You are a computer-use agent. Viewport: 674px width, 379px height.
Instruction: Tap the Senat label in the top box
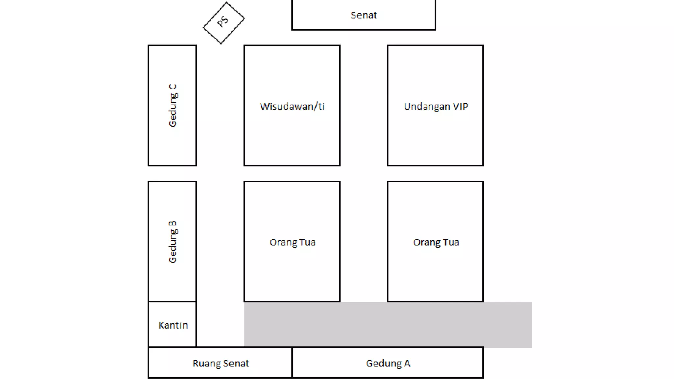(364, 15)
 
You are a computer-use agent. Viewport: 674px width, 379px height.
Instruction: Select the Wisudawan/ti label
(292, 106)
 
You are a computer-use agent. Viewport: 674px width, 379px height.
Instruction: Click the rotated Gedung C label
(173, 106)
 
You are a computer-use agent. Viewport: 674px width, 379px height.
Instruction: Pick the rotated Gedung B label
(173, 242)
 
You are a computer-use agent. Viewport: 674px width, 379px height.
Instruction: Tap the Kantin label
(173, 325)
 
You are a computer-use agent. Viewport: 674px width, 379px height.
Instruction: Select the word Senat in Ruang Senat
(235, 363)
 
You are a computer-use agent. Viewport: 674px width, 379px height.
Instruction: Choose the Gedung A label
(388, 363)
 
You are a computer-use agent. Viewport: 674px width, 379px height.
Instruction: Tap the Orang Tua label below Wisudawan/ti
(292, 242)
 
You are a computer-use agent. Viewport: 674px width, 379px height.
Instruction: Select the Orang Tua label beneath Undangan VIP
(436, 242)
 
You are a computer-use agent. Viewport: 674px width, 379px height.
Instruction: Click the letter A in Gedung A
(407, 363)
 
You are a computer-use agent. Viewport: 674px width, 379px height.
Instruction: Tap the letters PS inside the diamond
(223, 22)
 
